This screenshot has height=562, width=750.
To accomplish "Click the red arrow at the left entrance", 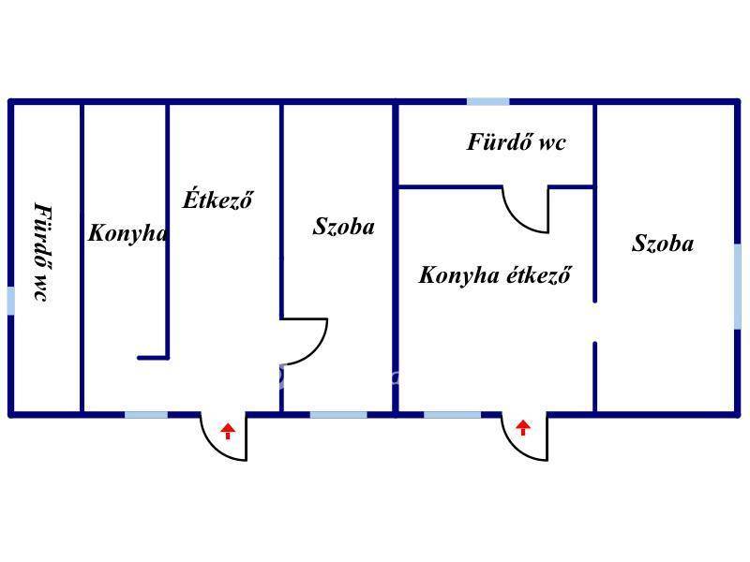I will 228,431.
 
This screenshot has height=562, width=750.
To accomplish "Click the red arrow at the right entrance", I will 523,428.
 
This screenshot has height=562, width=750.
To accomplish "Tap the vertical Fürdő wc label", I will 41,251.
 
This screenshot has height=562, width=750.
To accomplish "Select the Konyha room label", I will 127,233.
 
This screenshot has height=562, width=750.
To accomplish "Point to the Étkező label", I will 217,200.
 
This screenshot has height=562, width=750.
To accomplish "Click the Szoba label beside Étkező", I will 344,226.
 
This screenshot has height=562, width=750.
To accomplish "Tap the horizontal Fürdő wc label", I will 517,142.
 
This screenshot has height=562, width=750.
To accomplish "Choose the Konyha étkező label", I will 495,275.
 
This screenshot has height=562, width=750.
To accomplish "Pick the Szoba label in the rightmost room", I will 663,244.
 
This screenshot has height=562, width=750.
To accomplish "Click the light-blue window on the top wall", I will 488,101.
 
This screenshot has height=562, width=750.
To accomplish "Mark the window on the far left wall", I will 10,301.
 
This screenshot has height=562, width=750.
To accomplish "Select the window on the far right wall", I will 738,286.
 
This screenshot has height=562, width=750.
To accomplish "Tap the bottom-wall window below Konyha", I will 146,414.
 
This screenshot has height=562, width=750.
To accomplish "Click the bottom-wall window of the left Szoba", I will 338,414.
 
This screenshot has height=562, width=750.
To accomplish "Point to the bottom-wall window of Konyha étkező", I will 452,414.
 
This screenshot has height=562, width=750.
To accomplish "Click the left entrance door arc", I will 225,440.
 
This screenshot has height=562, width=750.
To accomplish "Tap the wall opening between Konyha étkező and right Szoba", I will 594,322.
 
